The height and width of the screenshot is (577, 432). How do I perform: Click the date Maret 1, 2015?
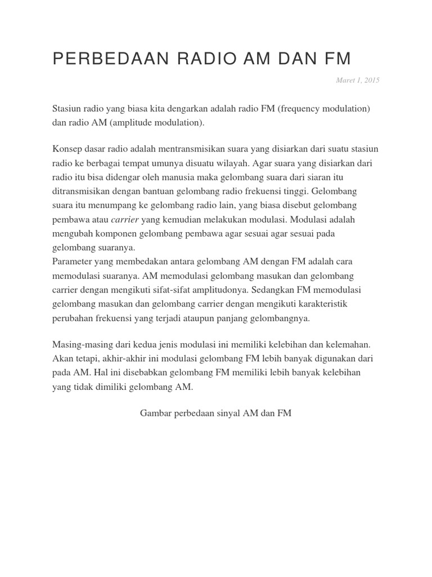358,80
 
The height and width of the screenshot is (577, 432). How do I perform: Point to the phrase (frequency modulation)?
323,108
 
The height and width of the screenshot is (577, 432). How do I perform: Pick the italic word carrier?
125,219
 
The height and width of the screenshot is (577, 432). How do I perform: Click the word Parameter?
71,261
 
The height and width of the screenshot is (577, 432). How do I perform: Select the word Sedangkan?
286,290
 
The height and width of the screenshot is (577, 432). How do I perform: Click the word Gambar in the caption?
155,414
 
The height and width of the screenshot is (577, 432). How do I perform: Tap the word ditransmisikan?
83,191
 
